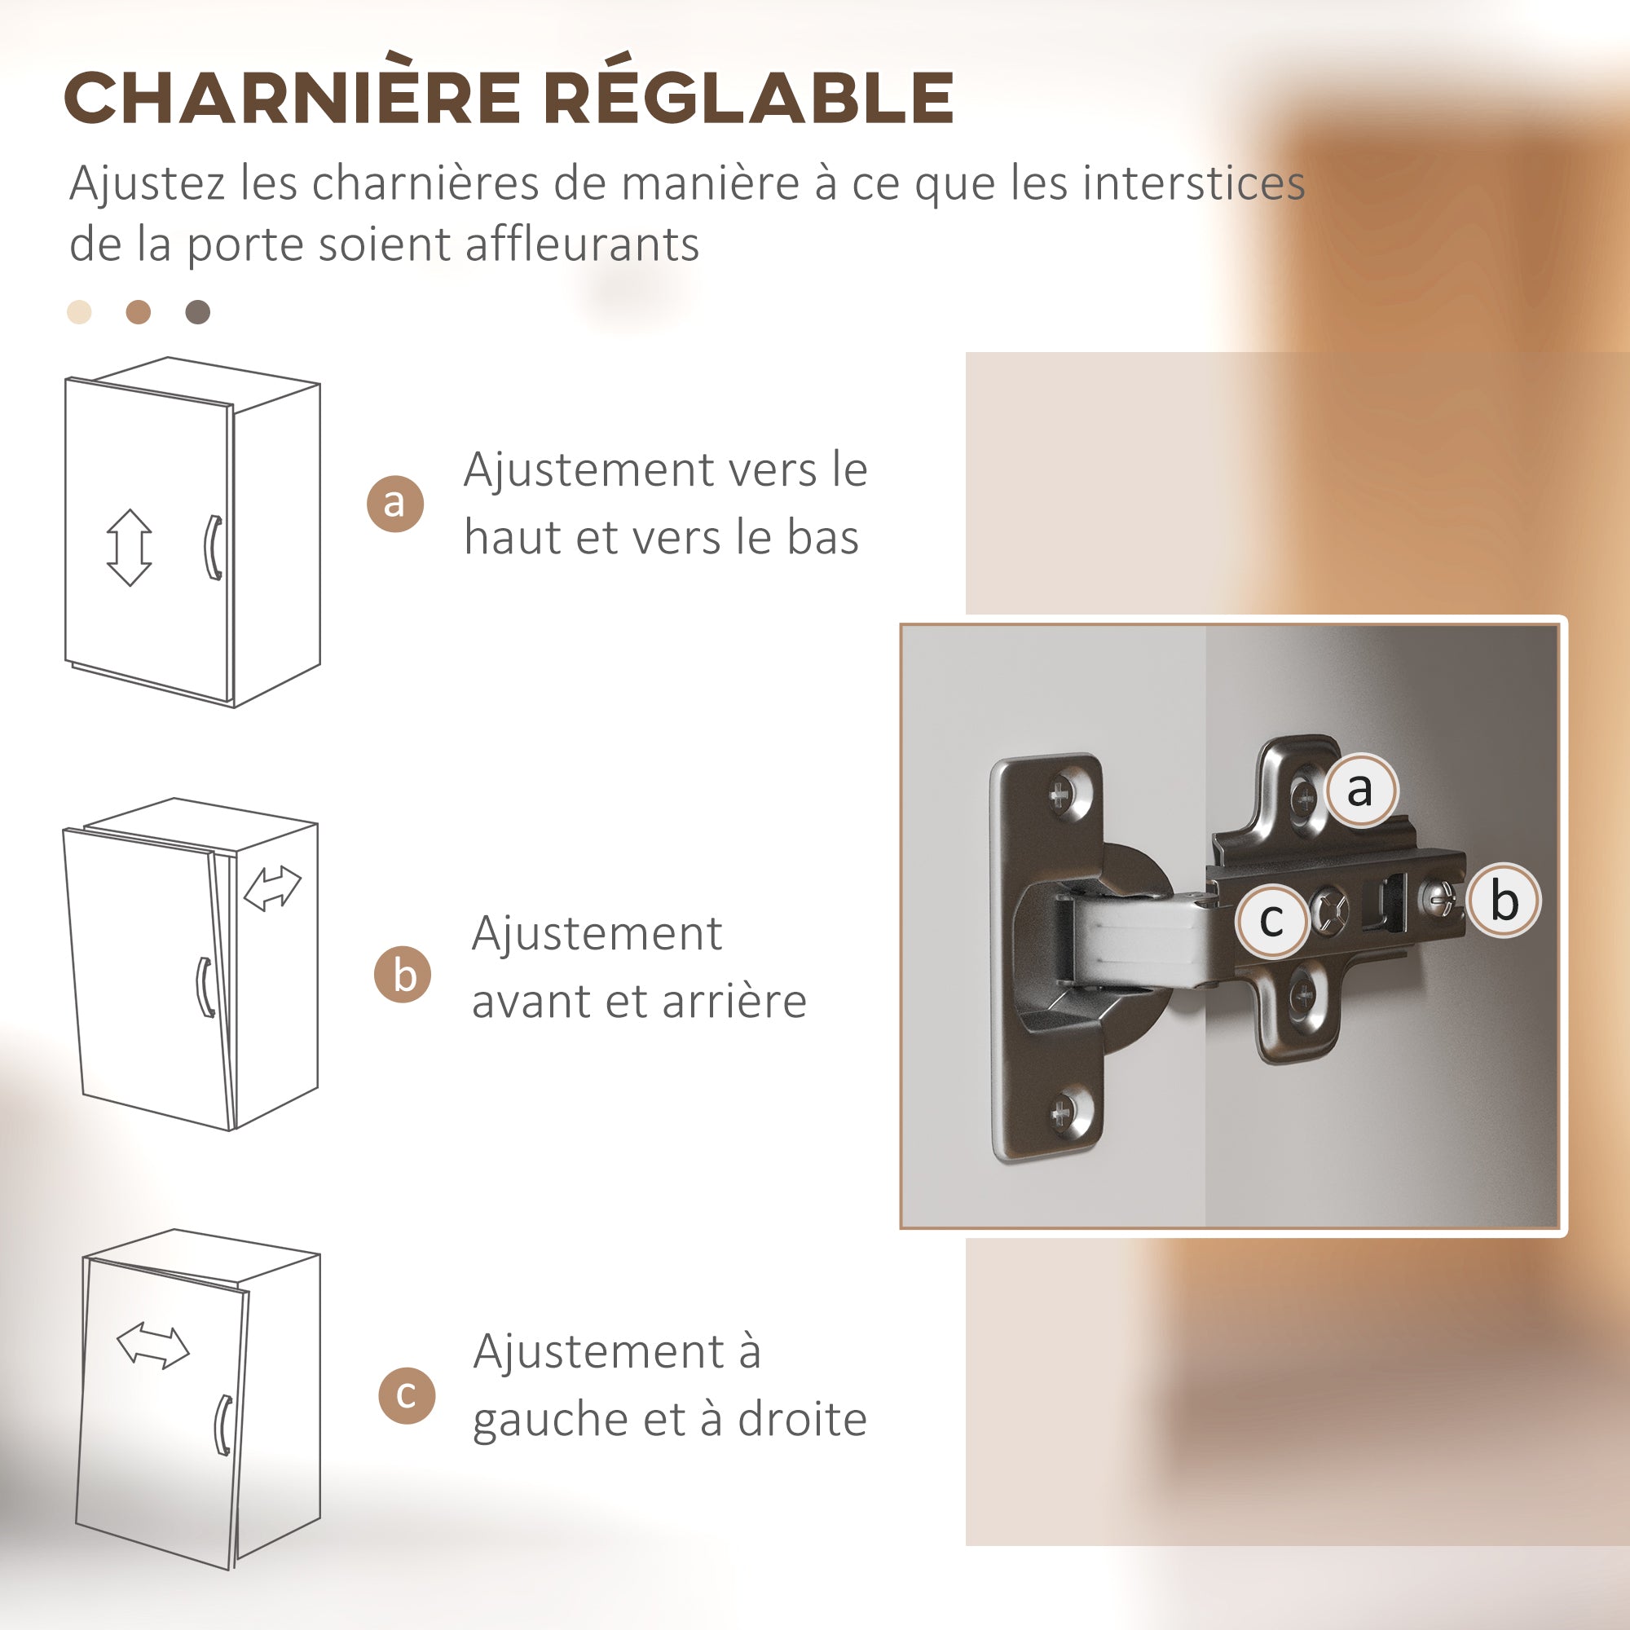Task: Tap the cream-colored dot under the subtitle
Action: [79, 312]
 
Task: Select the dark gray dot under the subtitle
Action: [197, 312]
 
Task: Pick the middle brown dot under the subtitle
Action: [139, 312]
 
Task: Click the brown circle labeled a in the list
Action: [394, 503]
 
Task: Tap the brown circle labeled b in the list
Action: [403, 975]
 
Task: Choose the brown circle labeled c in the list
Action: [407, 1394]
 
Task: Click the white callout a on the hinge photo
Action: [1360, 791]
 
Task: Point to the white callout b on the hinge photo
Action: [1504, 901]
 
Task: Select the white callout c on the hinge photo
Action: [1271, 919]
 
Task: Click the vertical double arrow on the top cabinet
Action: [129, 547]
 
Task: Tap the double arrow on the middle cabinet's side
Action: [271, 888]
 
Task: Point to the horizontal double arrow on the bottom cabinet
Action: [152, 1345]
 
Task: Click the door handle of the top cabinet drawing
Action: [214, 548]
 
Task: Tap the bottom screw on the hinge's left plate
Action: [1061, 1112]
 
